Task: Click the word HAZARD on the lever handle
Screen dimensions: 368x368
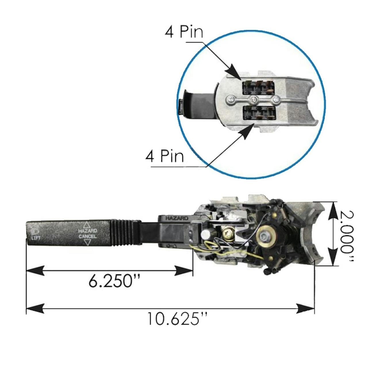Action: [88, 231]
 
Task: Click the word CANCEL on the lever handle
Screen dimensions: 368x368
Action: [88, 236]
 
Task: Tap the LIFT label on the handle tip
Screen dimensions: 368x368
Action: [36, 238]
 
